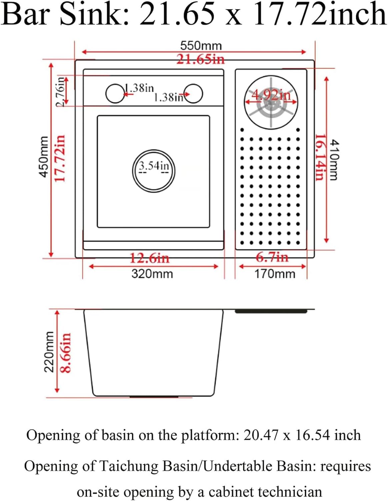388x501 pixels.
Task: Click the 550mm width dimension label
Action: [x=201, y=45]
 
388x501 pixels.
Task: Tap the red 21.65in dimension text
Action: [x=200, y=59]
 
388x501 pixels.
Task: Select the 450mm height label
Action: [x=44, y=157]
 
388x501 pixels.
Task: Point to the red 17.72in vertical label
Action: [x=60, y=158]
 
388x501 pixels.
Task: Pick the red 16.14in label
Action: [x=319, y=157]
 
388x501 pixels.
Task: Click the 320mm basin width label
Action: [x=152, y=274]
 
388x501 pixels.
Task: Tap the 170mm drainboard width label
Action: [x=275, y=274]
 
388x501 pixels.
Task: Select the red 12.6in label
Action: [x=149, y=258]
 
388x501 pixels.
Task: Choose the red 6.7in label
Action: [x=272, y=257]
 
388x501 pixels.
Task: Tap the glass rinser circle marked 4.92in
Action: [x=271, y=102]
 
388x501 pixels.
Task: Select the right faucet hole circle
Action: [x=193, y=94]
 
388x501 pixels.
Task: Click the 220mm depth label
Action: [x=49, y=352]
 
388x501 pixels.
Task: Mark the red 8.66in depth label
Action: [x=66, y=352]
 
